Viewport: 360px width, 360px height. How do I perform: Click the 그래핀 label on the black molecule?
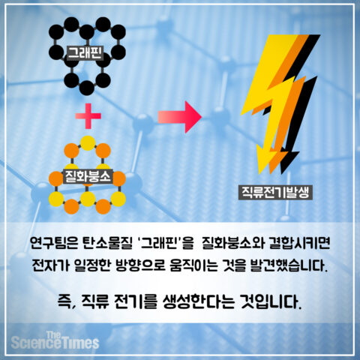85,52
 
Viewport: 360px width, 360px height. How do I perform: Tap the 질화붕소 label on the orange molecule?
88,176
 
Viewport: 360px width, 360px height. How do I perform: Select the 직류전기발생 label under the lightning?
275,192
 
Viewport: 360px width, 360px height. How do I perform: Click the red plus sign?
88,116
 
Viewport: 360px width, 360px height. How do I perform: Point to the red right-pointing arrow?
180,117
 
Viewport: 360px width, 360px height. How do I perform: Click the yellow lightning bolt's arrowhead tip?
260,173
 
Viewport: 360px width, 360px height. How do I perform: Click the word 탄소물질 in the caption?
107,243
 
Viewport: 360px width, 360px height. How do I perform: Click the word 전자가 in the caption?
50,265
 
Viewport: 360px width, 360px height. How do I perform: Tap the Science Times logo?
55,340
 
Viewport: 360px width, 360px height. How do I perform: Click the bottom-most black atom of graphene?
87,88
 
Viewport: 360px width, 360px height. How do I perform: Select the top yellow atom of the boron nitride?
88,143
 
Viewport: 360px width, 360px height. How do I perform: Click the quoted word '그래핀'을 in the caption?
166,243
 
